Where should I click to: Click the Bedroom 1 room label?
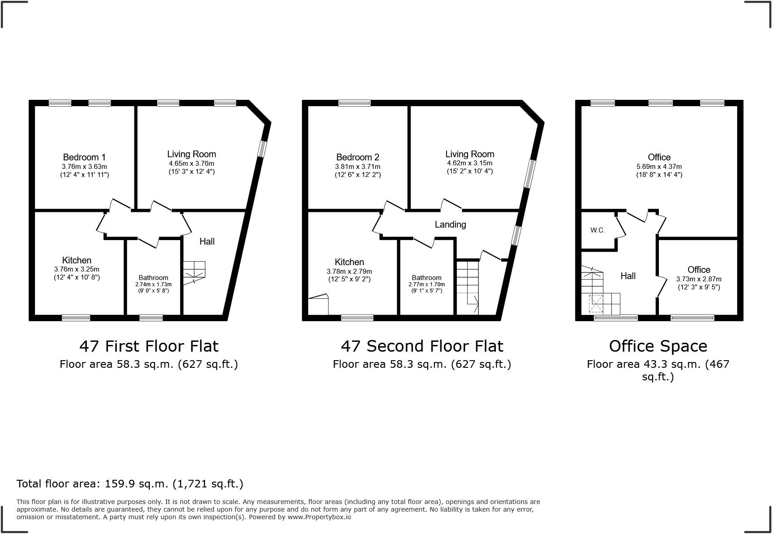[x=84, y=157]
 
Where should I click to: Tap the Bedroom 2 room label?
[x=357, y=157]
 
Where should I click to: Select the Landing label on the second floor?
[x=450, y=224]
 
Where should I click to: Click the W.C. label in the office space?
[x=598, y=230]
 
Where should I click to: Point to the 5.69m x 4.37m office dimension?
[x=659, y=167]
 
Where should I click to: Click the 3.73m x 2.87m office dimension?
[x=698, y=279]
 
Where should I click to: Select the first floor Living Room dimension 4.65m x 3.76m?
[x=191, y=164]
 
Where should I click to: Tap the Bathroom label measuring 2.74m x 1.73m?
[x=153, y=278]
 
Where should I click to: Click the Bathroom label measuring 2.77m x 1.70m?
[x=426, y=278]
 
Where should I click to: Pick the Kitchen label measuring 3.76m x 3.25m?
[x=77, y=260]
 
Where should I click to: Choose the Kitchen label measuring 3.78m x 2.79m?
[x=349, y=262]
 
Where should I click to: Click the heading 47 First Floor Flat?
[x=149, y=346]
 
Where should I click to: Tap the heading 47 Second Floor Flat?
[x=422, y=346]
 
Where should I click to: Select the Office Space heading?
[x=658, y=346]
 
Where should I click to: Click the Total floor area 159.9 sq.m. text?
[x=130, y=484]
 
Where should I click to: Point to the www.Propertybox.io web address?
[x=319, y=517]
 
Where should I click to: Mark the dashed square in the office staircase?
[x=596, y=303]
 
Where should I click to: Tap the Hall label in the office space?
[x=628, y=276]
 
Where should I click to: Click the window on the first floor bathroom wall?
[x=151, y=318]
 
